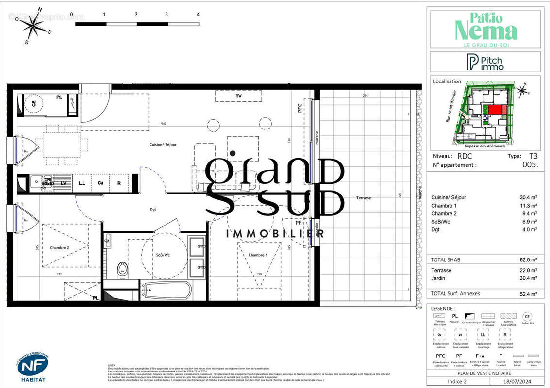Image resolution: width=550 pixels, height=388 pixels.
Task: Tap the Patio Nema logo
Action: coord(485,28)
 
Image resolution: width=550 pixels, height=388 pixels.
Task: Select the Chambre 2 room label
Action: coord(60,247)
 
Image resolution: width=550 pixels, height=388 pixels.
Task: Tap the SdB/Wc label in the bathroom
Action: coord(163,255)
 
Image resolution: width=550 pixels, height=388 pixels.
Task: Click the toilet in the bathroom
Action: coord(123,270)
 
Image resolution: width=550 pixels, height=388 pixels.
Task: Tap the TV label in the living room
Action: coord(238,97)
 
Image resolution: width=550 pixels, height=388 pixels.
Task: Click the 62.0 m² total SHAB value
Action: coord(528,260)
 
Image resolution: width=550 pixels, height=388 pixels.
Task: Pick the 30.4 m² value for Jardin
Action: coord(528,278)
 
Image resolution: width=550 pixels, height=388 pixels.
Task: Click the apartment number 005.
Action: coord(531,165)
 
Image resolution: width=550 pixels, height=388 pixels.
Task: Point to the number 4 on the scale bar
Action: coord(198,15)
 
